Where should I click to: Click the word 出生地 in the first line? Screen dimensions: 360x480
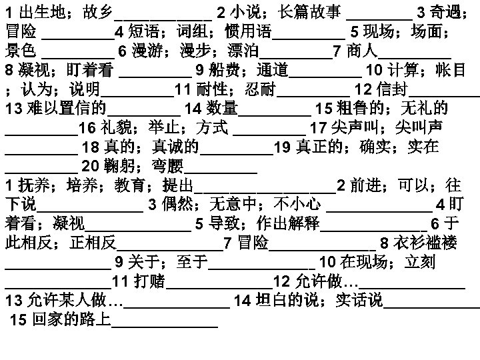tap(34, 11)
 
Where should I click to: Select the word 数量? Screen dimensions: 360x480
tap(221, 108)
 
